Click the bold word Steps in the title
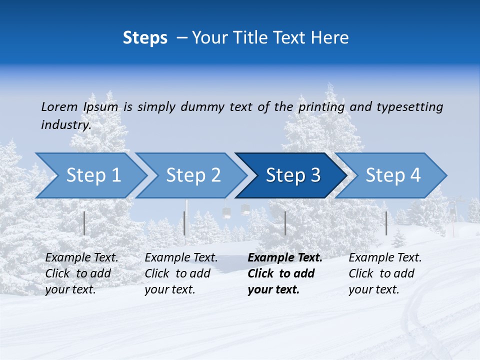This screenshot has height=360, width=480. pyautogui.click(x=145, y=38)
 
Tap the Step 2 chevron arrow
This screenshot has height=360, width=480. pyautogui.click(x=193, y=175)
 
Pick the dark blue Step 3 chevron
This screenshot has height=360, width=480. pyautogui.click(x=293, y=175)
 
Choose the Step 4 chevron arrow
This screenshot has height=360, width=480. pyautogui.click(x=393, y=175)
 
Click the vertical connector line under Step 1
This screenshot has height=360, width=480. pyautogui.click(x=84, y=223)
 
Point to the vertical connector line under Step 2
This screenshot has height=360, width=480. pyautogui.click(x=184, y=223)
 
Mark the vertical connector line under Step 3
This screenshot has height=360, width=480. pyautogui.click(x=285, y=223)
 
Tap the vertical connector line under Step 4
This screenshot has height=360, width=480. pyautogui.click(x=386, y=223)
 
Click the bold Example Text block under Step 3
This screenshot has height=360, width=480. pyautogui.click(x=285, y=273)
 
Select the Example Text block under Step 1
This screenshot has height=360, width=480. pyautogui.click(x=81, y=273)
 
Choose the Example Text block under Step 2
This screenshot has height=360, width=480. pyautogui.click(x=181, y=273)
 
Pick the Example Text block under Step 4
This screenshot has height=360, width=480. pyautogui.click(x=385, y=273)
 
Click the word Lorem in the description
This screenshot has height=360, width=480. pyautogui.click(x=59, y=106)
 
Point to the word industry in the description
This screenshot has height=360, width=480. pyautogui.click(x=66, y=125)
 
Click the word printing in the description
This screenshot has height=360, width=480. pyautogui.click(x=321, y=107)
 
